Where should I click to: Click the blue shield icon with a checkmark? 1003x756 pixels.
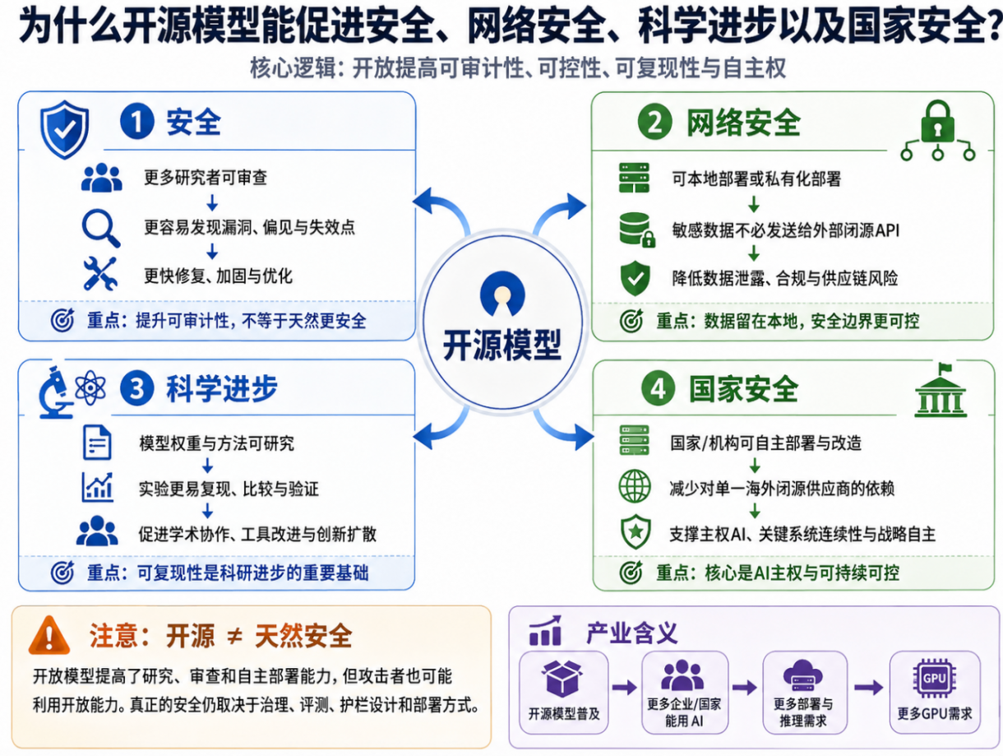point(64,129)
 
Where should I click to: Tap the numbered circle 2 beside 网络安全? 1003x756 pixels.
point(654,122)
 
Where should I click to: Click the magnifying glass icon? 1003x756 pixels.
point(101,228)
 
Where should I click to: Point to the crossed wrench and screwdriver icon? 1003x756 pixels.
point(100,274)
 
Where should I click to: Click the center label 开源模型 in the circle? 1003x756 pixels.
point(501,345)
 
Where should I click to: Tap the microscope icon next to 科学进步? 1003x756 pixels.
point(55,392)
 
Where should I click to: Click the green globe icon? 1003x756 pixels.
point(635,486)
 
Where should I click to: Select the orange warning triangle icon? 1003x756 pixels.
point(49,635)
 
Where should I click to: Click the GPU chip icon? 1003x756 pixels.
point(934,679)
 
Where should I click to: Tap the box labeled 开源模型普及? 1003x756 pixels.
point(564,693)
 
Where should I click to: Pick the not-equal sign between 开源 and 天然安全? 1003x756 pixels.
point(235,636)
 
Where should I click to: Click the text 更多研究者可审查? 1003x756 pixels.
point(206,178)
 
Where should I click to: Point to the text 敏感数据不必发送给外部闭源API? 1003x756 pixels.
point(785,230)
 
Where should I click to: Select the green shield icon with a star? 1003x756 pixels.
point(636,531)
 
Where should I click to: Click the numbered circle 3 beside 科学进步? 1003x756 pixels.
point(136,388)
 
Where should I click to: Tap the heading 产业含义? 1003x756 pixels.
point(632,633)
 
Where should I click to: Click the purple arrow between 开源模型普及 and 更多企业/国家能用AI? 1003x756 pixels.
point(625,687)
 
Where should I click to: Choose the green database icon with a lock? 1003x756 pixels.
point(637,230)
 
